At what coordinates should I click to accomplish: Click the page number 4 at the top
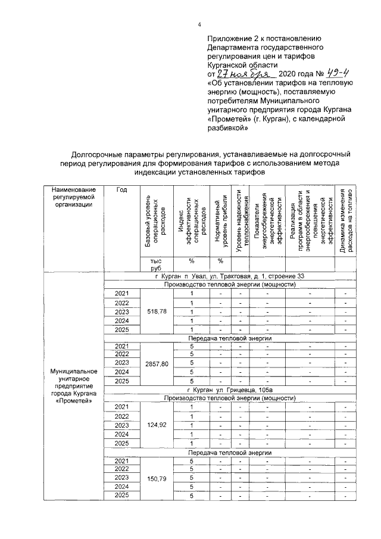point(199,24)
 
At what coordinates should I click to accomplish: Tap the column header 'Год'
point(121,190)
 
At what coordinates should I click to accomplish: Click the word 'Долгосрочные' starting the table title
point(96,154)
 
